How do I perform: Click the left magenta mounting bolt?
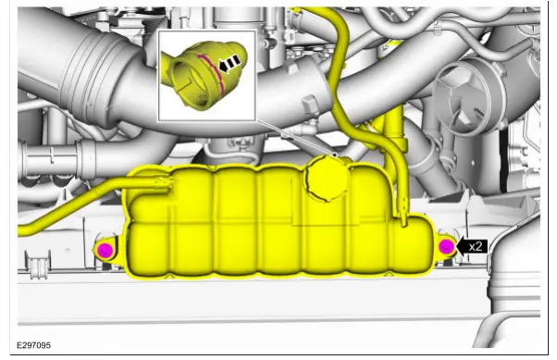pyautogui.click(x=105, y=249)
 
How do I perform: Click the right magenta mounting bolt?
pyautogui.click(x=446, y=246)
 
